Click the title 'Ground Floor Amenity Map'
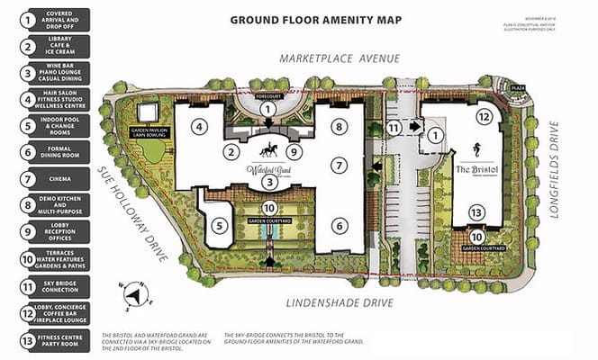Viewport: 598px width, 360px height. [x=315, y=18]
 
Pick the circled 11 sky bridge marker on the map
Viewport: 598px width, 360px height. [x=394, y=128]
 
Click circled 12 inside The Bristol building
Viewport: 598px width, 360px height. [x=483, y=116]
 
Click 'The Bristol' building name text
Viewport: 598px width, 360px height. [x=475, y=170]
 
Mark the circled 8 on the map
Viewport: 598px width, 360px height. [x=339, y=128]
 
